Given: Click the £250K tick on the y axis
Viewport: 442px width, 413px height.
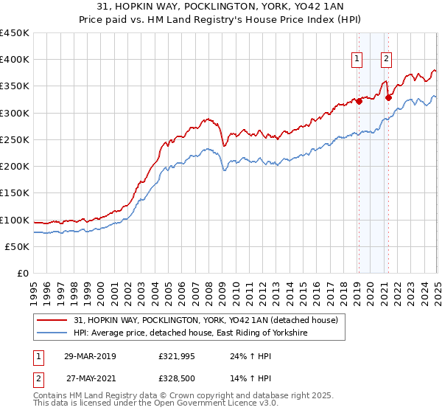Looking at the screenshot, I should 15,139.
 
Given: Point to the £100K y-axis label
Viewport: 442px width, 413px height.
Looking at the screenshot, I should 15,220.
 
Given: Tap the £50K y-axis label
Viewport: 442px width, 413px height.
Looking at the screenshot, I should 18,246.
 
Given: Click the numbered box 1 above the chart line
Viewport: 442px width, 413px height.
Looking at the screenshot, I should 357,60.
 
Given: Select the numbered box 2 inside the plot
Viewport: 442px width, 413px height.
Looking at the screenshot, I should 386,60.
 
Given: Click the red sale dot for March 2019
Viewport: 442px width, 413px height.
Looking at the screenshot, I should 359,102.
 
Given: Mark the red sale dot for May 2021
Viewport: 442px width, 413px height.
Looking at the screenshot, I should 388,97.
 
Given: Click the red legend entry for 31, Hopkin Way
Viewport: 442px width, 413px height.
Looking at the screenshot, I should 205,320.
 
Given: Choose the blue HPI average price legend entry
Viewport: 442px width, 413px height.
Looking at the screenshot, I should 190,333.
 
